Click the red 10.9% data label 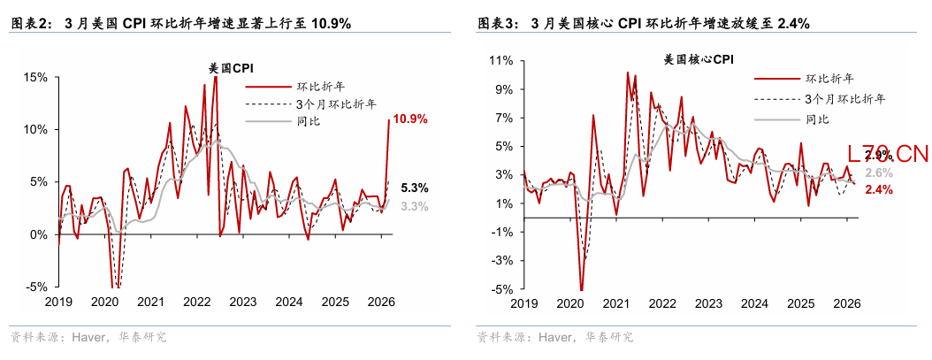(x=411, y=119)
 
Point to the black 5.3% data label (x=414, y=188)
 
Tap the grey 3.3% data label (x=414, y=206)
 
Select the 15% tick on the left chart (x=35, y=77)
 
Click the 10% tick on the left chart (x=35, y=129)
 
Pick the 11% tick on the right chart (x=501, y=61)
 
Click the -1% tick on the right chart (x=501, y=232)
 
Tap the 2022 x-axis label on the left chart (x=197, y=302)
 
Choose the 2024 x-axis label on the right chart (x=754, y=303)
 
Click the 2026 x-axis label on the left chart (x=381, y=302)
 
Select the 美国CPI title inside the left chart (x=230, y=67)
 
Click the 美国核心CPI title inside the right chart (x=698, y=60)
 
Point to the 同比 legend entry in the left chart (x=309, y=121)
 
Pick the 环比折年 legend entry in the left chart (x=320, y=87)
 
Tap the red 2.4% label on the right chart (x=879, y=189)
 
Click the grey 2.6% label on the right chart (x=879, y=172)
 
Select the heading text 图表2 (x=29, y=24)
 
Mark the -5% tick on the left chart (x=35, y=287)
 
